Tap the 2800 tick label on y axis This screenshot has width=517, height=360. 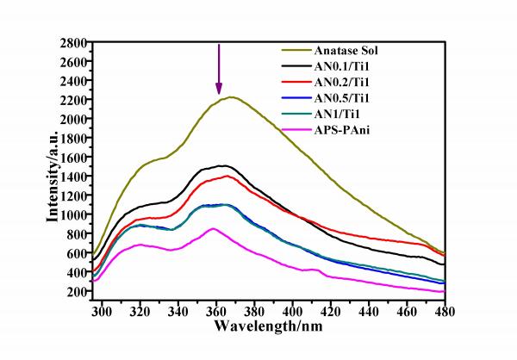coord(72,43)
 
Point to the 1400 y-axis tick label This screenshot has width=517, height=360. coord(72,177)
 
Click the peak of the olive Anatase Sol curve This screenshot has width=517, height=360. coord(231,97)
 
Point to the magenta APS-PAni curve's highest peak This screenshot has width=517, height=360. coord(214,228)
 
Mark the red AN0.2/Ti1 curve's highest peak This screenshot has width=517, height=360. coord(227,176)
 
